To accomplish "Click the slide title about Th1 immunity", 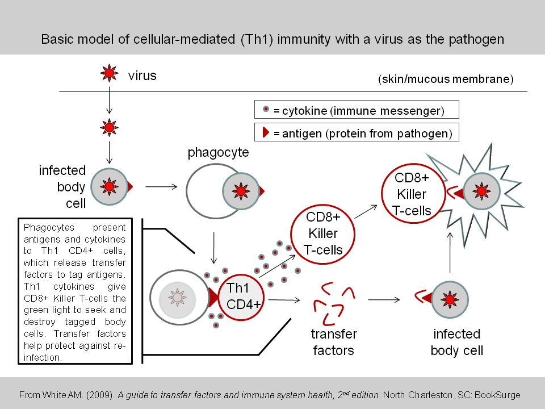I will point(272,40).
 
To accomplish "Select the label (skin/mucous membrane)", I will point(446,79).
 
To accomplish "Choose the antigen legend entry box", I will point(357,133).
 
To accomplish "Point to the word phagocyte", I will point(218,153).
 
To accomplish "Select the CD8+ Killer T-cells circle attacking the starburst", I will point(413,193).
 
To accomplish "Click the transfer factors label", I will point(334,342).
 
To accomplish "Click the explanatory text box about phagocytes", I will point(75,291).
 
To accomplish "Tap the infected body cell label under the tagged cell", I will point(456,342).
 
